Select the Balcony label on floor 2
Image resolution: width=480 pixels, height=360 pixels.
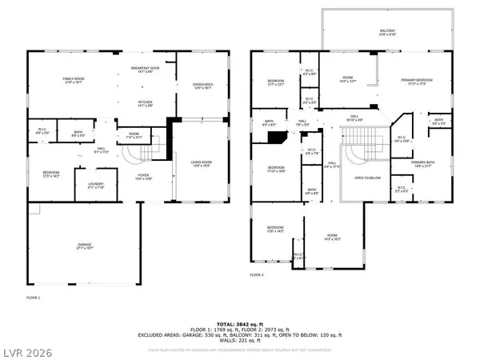[x=387, y=32]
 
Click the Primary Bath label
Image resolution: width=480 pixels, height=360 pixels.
[x=422, y=164]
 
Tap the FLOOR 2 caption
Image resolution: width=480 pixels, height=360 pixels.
[x=256, y=274]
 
